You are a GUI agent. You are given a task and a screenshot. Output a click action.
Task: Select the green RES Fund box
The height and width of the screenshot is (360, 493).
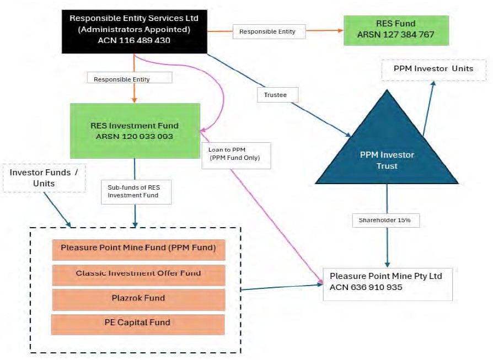(x=396, y=30)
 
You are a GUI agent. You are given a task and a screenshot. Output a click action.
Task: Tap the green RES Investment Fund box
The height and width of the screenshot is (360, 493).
(x=134, y=131)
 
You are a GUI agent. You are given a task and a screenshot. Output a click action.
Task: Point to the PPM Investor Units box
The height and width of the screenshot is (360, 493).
(x=433, y=69)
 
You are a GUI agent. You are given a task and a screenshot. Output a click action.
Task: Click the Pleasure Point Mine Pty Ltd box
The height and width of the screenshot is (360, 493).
(x=387, y=281)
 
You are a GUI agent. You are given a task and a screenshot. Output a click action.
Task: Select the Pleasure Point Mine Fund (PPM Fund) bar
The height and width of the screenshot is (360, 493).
(x=138, y=249)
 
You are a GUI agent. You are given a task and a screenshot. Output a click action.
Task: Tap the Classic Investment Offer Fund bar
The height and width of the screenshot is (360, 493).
(x=138, y=273)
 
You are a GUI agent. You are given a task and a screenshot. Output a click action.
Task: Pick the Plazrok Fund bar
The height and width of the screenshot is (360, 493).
(x=138, y=298)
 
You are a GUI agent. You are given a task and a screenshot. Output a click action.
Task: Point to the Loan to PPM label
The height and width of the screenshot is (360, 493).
(x=237, y=154)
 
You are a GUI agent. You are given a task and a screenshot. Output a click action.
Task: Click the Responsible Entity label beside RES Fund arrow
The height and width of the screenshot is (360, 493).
(x=267, y=32)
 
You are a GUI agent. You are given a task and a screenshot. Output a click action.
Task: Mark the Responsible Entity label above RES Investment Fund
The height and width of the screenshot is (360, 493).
(x=130, y=79)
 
